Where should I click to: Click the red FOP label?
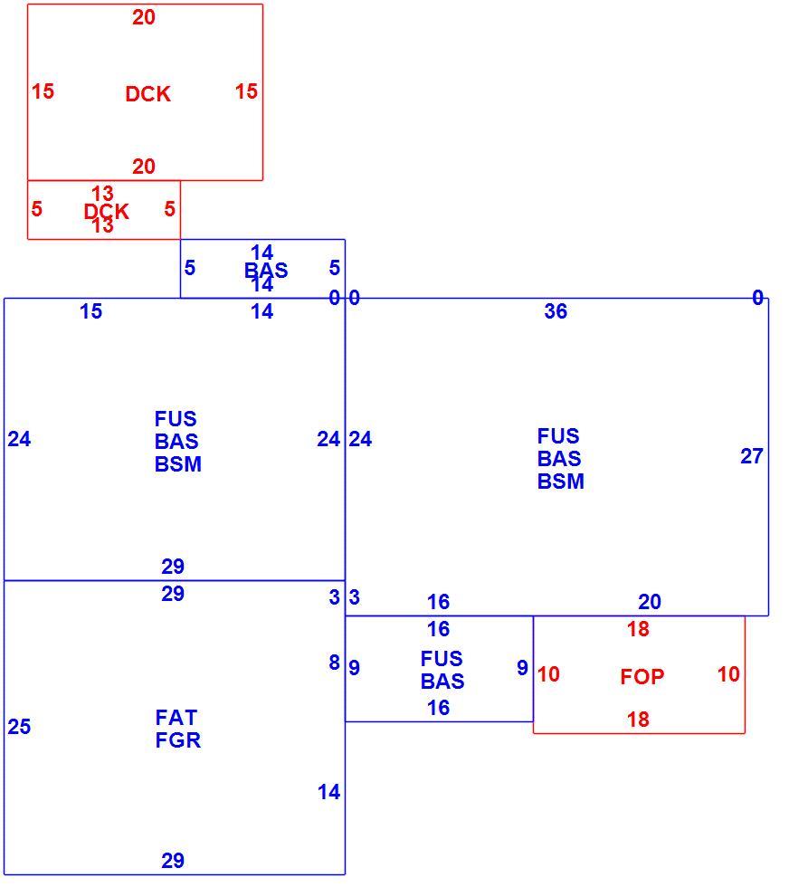[x=642, y=677]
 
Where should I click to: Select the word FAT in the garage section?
[x=176, y=717]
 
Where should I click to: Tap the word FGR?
[x=177, y=740]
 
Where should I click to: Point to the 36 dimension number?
[x=556, y=311]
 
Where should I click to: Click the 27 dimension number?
[x=752, y=456]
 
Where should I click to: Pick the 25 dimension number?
[x=19, y=726]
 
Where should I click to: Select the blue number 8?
[x=334, y=662]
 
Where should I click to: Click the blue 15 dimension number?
[x=90, y=311]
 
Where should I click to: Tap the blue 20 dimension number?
[x=650, y=601]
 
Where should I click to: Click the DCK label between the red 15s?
[x=147, y=94]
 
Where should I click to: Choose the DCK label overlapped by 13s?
[x=107, y=212]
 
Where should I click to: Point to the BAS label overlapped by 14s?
[x=266, y=270]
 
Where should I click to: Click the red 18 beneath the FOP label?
[x=638, y=720]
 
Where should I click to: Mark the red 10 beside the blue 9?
[x=548, y=673]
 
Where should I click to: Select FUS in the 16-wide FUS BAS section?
[x=442, y=659]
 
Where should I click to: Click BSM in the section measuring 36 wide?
[x=560, y=482]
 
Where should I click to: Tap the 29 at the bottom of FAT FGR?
[x=173, y=861]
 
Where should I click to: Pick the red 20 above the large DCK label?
[x=144, y=17]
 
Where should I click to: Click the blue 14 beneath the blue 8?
[x=328, y=792]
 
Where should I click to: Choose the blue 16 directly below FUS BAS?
[x=438, y=707]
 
